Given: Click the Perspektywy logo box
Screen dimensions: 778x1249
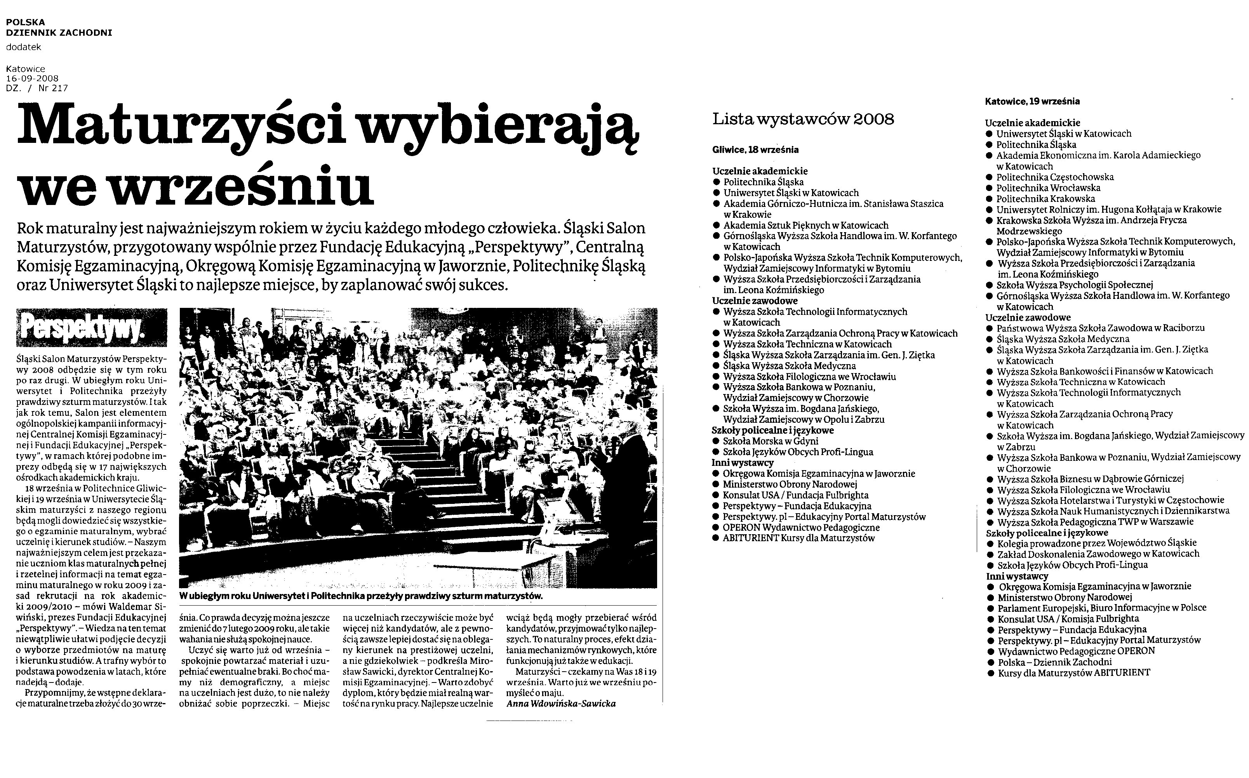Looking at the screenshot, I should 92,327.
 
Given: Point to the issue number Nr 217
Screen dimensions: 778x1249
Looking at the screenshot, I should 53,88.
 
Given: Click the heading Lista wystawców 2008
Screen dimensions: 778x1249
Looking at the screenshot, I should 803,119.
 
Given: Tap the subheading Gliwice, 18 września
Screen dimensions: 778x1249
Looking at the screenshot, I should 755,150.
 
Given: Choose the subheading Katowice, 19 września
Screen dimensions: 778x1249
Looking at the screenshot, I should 1032,101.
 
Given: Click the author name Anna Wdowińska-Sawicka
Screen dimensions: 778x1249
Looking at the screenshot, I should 561,703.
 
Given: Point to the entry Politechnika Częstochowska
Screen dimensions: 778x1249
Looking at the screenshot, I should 1054,177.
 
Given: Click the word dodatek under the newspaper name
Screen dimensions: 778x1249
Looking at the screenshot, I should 24,47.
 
